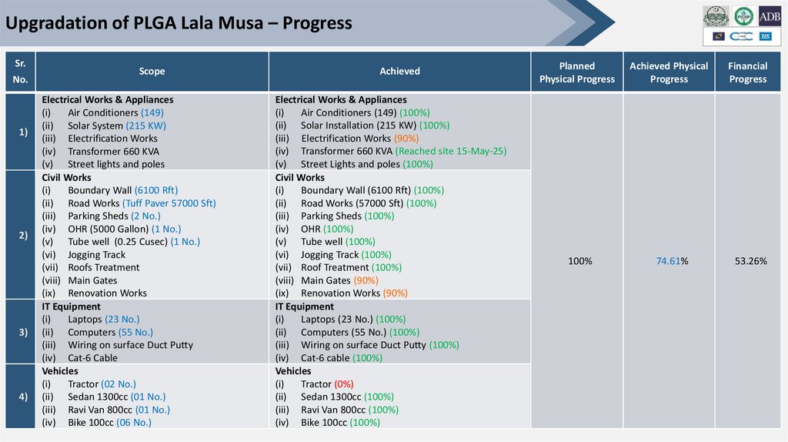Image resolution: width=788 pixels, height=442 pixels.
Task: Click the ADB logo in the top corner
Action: (x=770, y=16)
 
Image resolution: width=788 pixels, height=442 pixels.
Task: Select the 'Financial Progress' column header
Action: (x=748, y=72)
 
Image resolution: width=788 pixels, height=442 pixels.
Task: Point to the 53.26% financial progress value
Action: (x=750, y=262)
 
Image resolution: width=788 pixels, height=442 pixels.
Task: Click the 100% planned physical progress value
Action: (x=579, y=262)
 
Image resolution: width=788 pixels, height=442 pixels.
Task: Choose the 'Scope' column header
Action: (x=152, y=72)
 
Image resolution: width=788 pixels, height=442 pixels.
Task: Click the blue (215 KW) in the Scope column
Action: (x=146, y=126)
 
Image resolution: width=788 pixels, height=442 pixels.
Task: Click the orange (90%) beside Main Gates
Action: (x=367, y=280)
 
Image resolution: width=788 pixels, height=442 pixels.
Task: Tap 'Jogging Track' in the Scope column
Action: (x=96, y=255)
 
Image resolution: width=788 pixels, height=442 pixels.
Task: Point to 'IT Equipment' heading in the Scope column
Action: (x=71, y=306)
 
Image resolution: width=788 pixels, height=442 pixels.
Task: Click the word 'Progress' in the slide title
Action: (x=317, y=23)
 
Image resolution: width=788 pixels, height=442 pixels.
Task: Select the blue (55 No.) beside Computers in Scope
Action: (x=135, y=333)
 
